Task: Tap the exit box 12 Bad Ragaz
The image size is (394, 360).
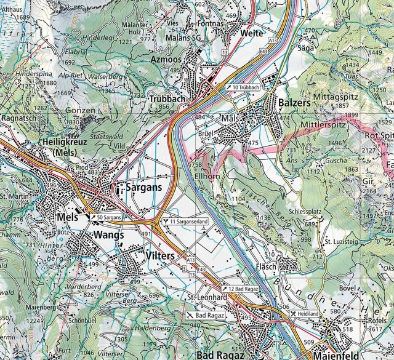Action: [x=243, y=289]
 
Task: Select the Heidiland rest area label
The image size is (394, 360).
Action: [x=305, y=313]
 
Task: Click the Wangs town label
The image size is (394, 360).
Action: [x=109, y=235]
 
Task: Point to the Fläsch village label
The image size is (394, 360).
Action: [x=268, y=267]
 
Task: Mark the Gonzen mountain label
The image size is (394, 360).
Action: [x=81, y=110]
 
